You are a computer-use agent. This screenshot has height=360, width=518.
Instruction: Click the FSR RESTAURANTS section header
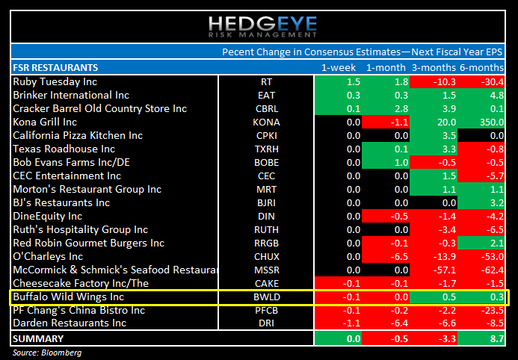click(55, 67)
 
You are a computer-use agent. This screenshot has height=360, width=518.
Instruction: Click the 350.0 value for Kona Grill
click(486, 122)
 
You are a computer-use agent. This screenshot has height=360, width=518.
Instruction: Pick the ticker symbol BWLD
click(266, 297)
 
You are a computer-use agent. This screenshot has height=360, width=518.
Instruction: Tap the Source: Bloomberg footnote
click(46, 352)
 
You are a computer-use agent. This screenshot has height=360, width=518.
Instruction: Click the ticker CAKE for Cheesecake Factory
click(266, 283)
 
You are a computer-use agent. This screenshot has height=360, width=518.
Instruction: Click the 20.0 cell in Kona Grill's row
click(445, 122)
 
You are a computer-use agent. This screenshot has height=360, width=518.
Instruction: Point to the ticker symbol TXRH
click(266, 149)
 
